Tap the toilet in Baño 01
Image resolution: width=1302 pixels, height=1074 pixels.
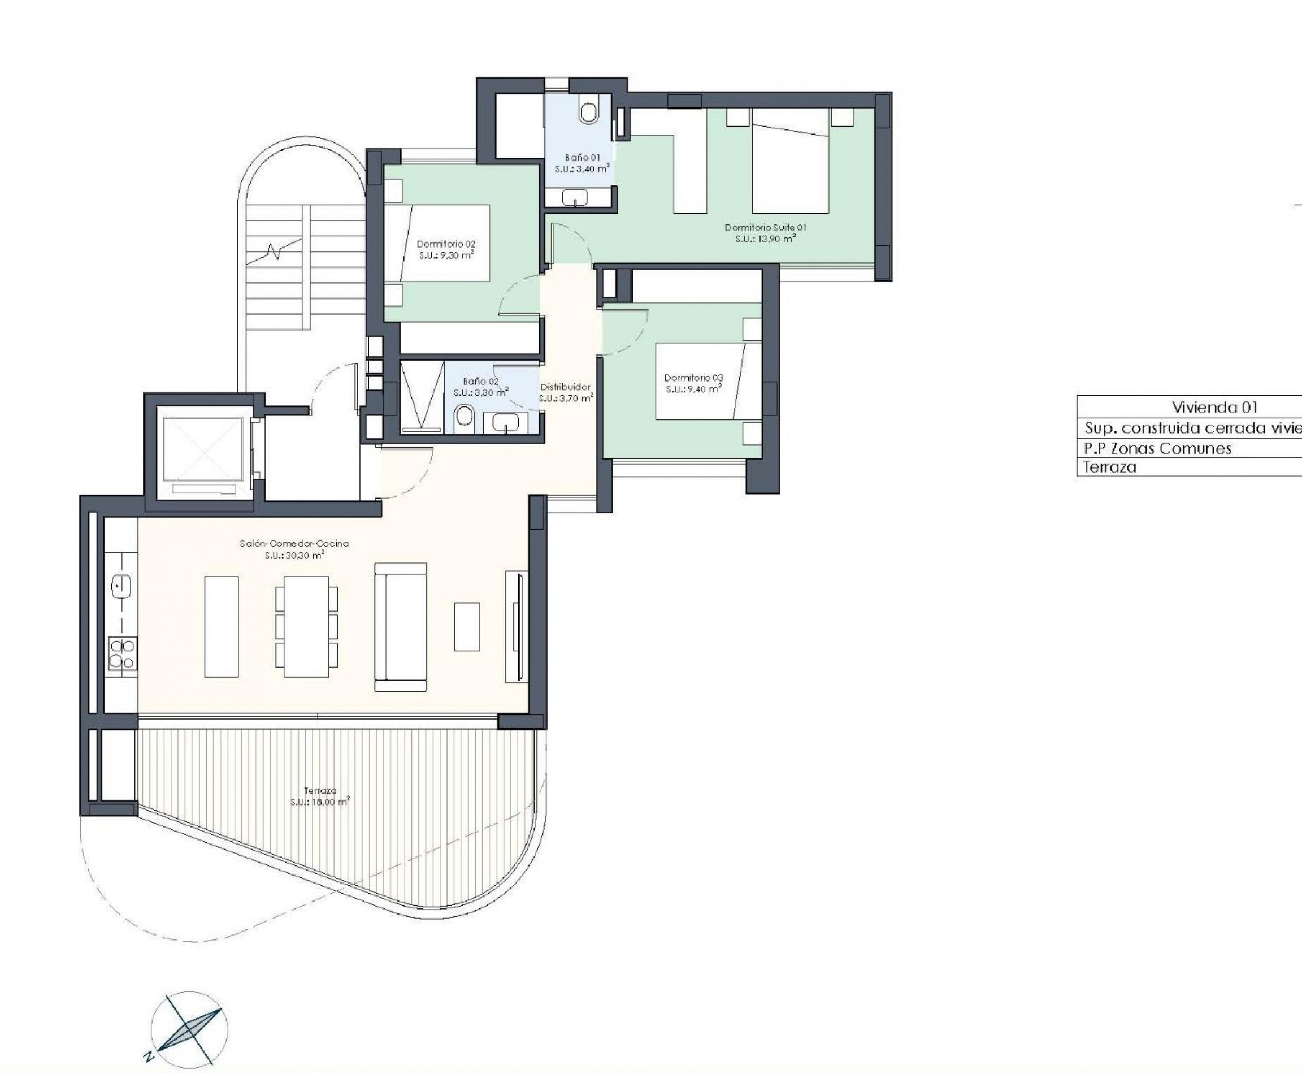[x=588, y=111]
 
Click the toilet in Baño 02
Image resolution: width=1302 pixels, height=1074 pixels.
[x=464, y=419]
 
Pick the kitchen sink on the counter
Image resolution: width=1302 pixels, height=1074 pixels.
[x=120, y=585]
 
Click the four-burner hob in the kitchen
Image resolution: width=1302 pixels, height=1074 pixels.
[x=122, y=654]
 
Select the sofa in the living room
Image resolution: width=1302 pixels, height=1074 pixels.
[x=400, y=627]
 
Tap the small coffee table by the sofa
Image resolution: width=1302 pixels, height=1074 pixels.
[x=467, y=626]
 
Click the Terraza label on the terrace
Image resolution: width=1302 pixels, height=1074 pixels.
[x=320, y=790]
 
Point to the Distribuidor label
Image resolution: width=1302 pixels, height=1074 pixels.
[x=565, y=387]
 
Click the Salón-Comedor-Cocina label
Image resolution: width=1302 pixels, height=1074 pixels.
[x=294, y=544]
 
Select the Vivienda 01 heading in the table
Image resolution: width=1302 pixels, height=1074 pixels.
[x=1205, y=407]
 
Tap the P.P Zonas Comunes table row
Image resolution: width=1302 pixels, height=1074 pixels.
[x=1157, y=448]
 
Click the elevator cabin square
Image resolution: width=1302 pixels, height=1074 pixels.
[x=203, y=448]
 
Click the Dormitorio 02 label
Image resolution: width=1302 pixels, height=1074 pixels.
[x=446, y=244]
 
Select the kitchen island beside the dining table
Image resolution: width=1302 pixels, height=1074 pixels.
[x=222, y=627]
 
